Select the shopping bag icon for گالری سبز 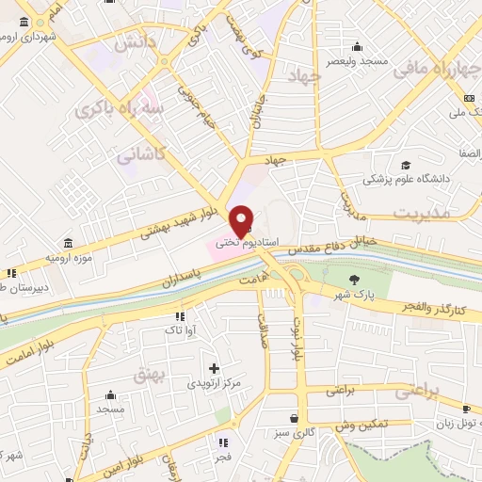click(x=296, y=417)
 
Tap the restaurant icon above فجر click(x=223, y=442)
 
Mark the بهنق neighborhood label click(x=151, y=377)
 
